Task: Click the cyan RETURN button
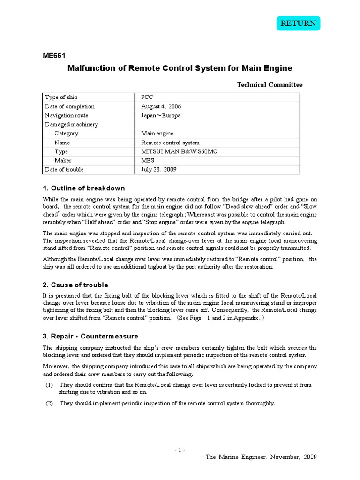click(298, 23)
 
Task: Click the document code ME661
click(53, 54)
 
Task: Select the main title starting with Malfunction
click(180, 68)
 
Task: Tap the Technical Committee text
click(270, 85)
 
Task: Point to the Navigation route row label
click(66, 115)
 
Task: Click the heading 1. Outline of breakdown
click(84, 188)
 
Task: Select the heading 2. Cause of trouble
click(75, 285)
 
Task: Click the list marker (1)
click(49, 385)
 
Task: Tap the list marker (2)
click(49, 403)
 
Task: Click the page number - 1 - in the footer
click(180, 450)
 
